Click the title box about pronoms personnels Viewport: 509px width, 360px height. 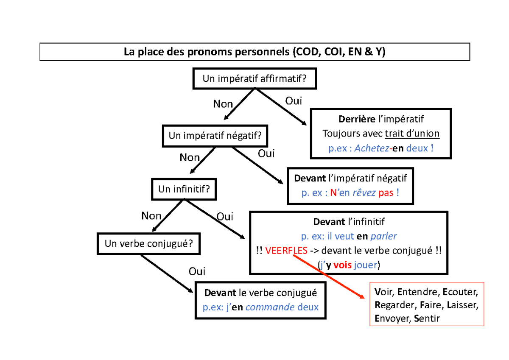255,52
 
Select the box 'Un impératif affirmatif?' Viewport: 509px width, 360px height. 255,78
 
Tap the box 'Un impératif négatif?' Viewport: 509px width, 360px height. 215,136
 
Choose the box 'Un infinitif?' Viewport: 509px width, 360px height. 184,189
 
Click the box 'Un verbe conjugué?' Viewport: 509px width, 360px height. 149,243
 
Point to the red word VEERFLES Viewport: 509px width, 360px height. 286,250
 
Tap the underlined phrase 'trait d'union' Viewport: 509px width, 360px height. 412,134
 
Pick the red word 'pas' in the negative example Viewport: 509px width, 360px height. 386,193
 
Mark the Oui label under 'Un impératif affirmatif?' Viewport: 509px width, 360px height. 294,101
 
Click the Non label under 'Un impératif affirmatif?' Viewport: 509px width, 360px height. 223,104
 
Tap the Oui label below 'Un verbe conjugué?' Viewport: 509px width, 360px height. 197,271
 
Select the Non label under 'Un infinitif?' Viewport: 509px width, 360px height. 151,216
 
